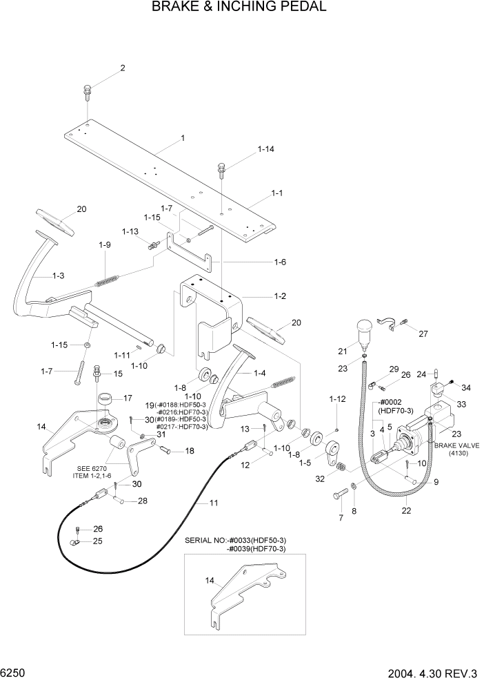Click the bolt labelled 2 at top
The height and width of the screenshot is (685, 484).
(x=88, y=90)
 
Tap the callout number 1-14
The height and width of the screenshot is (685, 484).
(x=246, y=149)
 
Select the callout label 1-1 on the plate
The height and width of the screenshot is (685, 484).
(x=277, y=194)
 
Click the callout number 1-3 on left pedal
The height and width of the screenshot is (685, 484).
(x=57, y=276)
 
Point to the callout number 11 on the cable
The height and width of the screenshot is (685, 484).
(x=214, y=503)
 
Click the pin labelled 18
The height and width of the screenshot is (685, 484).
(x=165, y=452)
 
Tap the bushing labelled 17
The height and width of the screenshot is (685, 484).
(x=105, y=400)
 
